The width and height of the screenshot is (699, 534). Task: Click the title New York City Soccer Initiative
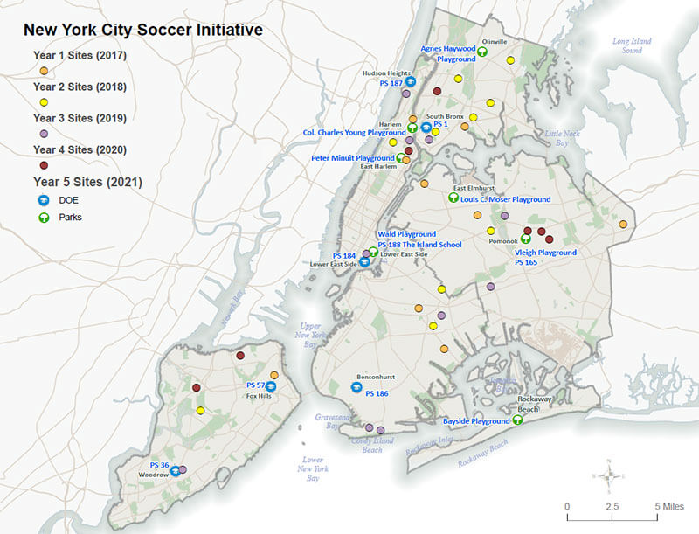(x=142, y=29)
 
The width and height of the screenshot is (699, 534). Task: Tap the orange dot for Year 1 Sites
(x=44, y=71)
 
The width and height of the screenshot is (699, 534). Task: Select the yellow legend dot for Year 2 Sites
(x=44, y=102)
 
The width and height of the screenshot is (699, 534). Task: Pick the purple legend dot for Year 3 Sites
(x=44, y=133)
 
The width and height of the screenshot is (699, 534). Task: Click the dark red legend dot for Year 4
(x=44, y=164)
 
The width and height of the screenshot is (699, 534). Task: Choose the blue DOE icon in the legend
(x=43, y=200)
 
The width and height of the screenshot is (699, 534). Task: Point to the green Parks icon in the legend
(x=43, y=217)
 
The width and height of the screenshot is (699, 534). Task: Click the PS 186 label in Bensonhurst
(x=377, y=393)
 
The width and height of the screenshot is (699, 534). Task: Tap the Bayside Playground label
(x=475, y=421)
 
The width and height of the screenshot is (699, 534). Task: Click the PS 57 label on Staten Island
(x=255, y=385)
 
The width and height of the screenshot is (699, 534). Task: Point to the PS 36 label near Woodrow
(x=159, y=464)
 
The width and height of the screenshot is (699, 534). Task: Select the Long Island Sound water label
(x=633, y=45)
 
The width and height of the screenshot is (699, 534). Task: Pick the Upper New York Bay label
(x=313, y=329)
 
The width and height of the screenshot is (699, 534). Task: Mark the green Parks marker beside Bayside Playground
(x=517, y=420)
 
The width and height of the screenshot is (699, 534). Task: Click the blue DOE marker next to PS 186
(x=356, y=387)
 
